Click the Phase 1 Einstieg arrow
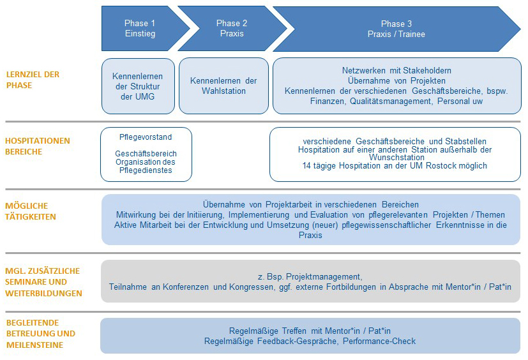pos(140,28)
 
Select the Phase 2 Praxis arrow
pos(231,28)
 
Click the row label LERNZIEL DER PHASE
pos(33,80)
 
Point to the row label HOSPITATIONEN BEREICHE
pos(38,146)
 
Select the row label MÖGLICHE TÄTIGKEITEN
pos(31,211)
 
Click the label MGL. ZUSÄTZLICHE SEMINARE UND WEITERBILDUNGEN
pos(43,282)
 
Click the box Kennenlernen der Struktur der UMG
pos(138,86)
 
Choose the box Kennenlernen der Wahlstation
pos(223,86)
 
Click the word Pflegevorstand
pos(146,137)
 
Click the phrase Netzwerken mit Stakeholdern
pos(396,70)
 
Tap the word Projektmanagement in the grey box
pos(325,276)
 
